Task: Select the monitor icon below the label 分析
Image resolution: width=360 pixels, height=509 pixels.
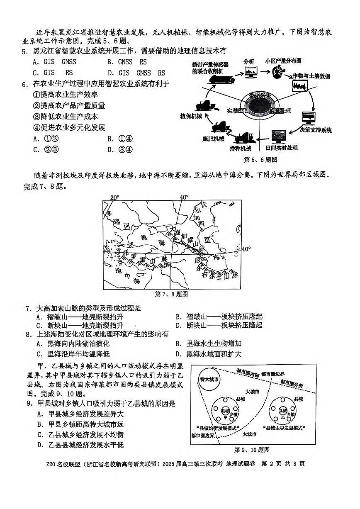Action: coord(250,73)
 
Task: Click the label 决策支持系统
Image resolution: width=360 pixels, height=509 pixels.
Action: coord(316,130)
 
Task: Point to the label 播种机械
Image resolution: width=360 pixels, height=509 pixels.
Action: coord(240,148)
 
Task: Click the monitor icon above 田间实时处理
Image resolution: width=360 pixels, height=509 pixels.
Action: coord(279,136)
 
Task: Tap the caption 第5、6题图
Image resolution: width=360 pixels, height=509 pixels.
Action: coord(260,159)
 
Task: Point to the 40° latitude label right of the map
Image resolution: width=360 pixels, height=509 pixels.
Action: coord(246,249)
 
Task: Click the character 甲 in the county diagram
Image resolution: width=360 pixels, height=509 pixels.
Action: coord(224,416)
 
